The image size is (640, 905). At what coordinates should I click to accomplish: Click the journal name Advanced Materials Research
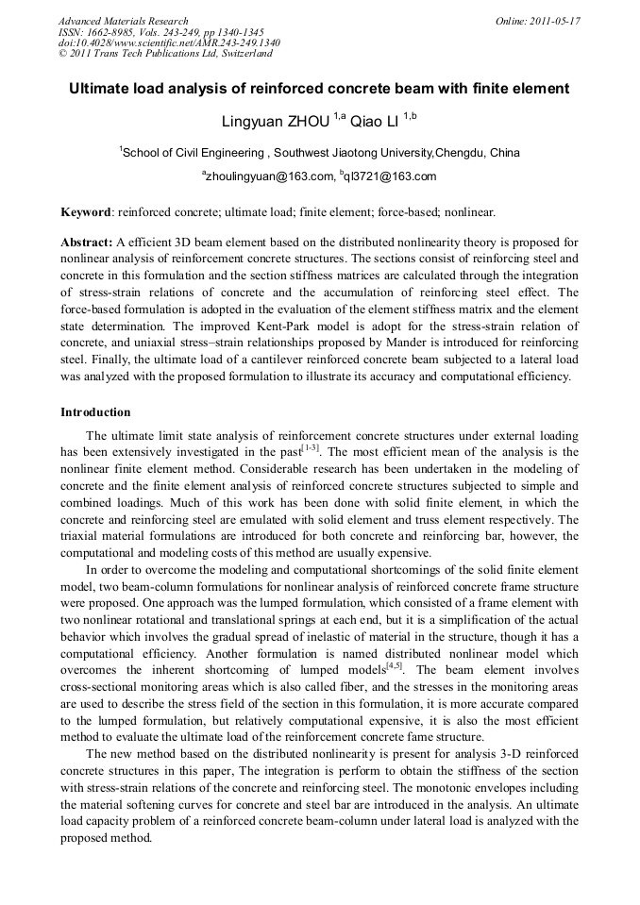point(123,21)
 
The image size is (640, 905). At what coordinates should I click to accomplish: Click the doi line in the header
point(169,43)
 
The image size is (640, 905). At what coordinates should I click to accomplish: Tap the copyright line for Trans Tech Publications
point(165,54)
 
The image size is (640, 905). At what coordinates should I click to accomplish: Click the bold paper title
point(319,90)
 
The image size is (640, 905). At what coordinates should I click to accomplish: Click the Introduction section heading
point(95,412)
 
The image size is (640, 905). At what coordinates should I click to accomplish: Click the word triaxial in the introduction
point(82,536)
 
